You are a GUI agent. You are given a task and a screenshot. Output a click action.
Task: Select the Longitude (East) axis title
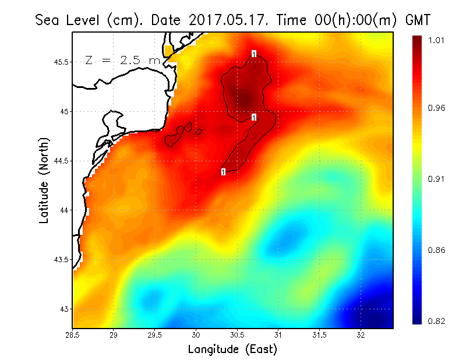(x=232, y=350)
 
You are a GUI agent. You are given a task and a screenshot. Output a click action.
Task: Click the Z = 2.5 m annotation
(x=122, y=60)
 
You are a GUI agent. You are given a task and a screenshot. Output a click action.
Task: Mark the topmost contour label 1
(x=254, y=54)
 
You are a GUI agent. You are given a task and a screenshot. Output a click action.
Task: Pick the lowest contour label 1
(x=223, y=172)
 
